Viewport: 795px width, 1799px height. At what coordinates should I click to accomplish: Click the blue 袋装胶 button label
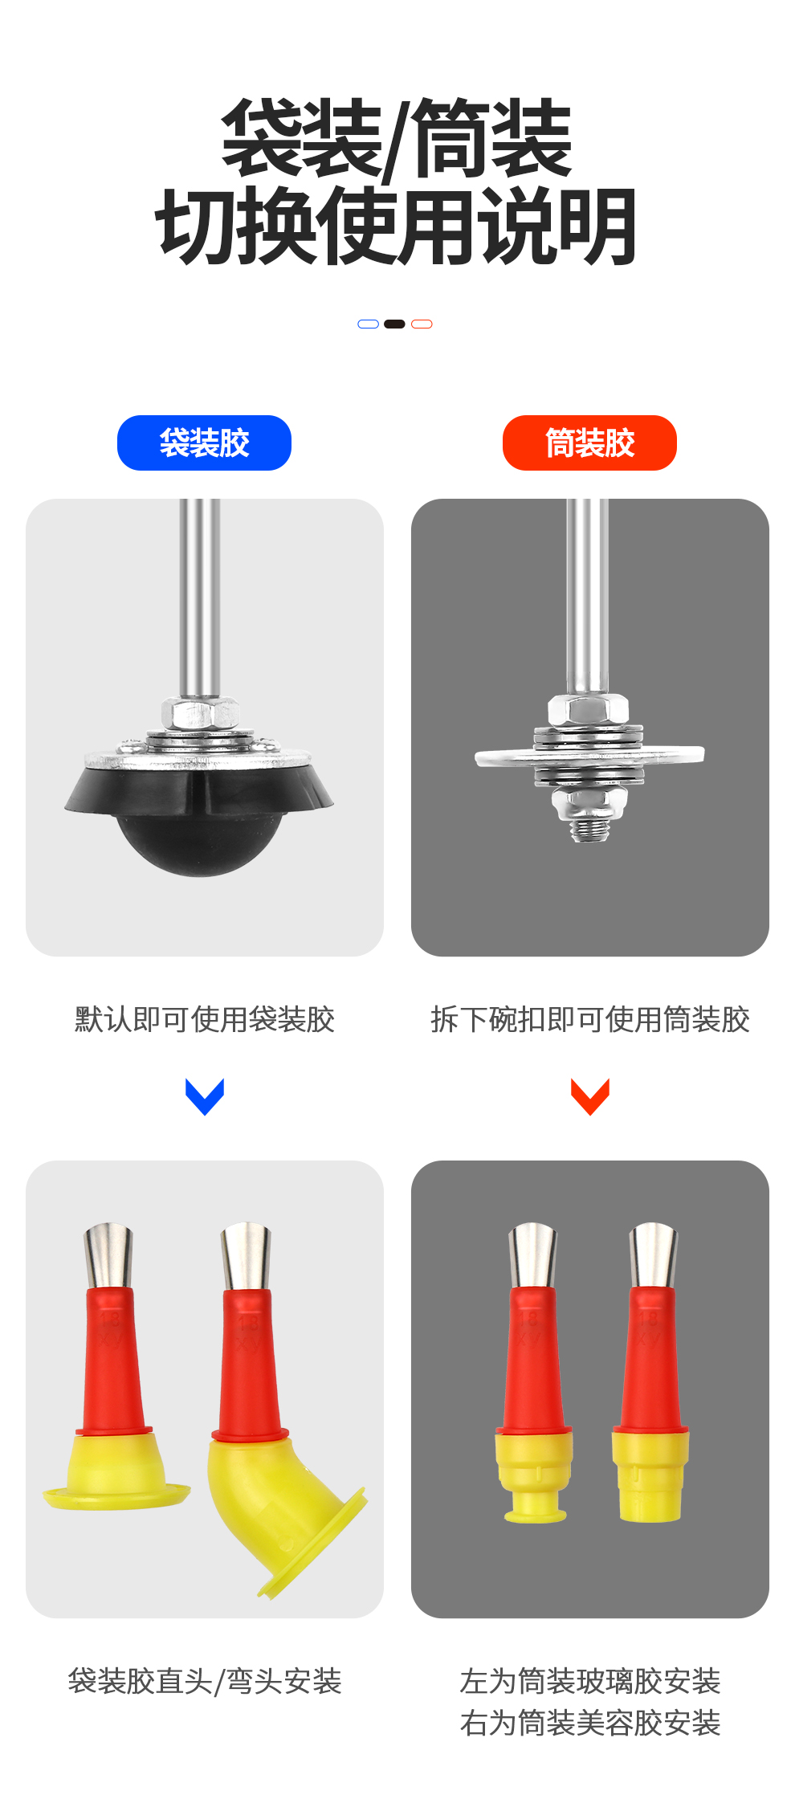tap(204, 443)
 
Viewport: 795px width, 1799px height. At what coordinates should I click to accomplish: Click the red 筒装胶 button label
tap(589, 443)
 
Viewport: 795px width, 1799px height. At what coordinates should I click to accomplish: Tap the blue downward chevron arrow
tap(205, 1096)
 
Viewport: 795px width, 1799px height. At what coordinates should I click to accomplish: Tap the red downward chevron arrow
tap(590, 1096)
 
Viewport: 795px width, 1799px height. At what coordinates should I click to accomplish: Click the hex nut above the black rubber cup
tap(200, 712)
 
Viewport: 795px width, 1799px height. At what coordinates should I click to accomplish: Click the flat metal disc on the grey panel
tap(589, 755)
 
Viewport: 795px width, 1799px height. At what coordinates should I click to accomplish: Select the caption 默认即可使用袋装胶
tap(205, 1019)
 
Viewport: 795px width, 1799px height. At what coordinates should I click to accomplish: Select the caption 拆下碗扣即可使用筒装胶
tap(590, 1019)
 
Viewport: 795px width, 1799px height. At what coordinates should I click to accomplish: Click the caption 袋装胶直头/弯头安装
tap(205, 1681)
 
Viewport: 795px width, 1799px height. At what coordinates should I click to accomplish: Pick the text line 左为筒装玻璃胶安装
tap(590, 1681)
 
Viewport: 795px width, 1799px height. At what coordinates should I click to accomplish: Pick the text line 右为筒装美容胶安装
tap(590, 1723)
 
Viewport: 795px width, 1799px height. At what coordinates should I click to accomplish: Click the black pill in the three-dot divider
tap(394, 324)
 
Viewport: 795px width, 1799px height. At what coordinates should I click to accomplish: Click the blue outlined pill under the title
tap(368, 324)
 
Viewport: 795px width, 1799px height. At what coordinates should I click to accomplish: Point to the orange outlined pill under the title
tap(422, 324)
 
